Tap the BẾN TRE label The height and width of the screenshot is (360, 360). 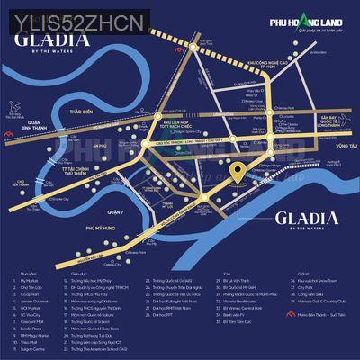coord(14,183)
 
